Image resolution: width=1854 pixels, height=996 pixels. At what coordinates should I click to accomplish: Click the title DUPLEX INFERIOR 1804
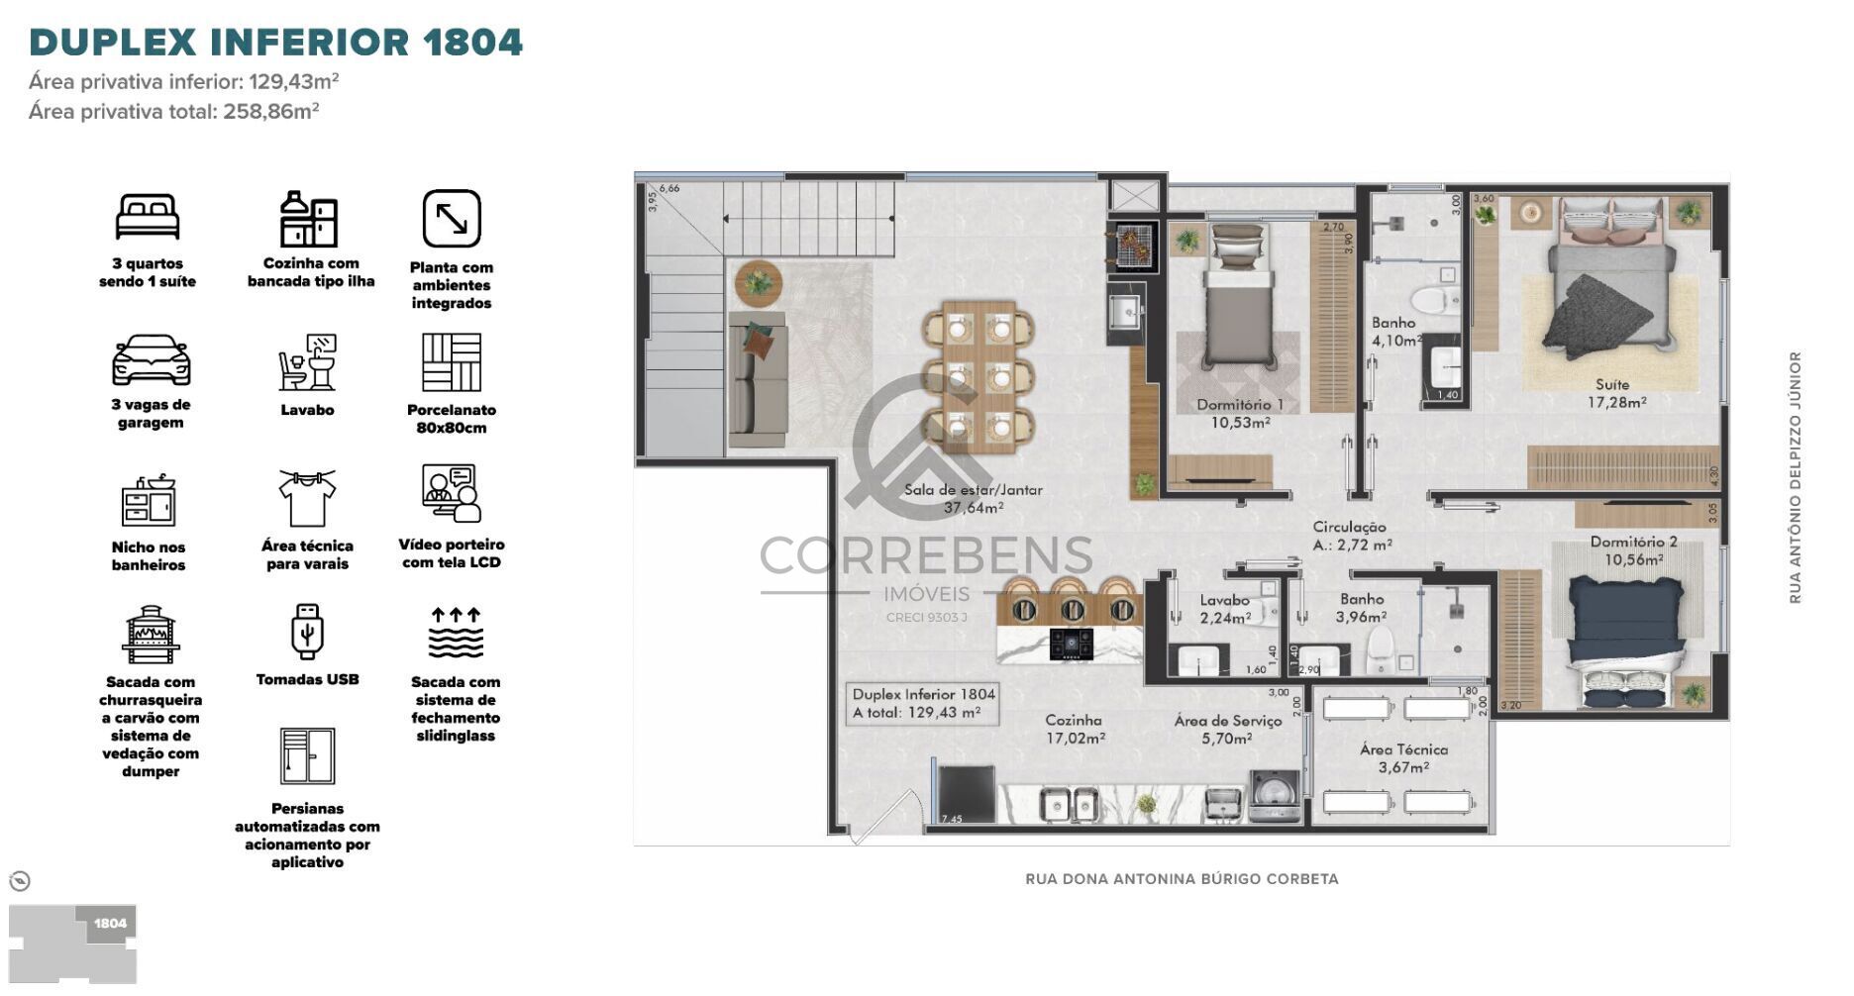[x=275, y=43]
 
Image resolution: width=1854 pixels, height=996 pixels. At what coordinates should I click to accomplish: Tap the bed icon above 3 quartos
[x=148, y=217]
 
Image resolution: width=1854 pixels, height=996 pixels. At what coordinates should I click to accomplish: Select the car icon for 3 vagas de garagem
[x=151, y=361]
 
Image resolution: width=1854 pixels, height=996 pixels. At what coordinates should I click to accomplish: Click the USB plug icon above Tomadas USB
[x=307, y=632]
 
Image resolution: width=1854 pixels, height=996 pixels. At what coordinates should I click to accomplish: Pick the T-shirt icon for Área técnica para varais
[x=307, y=498]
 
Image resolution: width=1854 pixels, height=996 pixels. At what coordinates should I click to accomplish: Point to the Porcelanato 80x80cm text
[x=452, y=419]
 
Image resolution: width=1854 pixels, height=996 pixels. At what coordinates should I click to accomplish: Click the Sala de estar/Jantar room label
[x=973, y=499]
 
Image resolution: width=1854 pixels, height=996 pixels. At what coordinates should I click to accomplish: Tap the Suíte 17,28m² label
[x=1616, y=393]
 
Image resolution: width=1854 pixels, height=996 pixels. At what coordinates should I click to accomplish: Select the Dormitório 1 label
[x=1240, y=413]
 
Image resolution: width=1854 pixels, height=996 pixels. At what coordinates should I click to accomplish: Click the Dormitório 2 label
[x=1633, y=550]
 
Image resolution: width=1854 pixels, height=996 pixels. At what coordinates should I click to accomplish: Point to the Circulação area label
[x=1351, y=536]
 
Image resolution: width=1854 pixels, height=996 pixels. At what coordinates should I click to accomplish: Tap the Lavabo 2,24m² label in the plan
[x=1225, y=609]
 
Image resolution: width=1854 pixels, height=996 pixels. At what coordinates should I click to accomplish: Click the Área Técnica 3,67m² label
[x=1403, y=758]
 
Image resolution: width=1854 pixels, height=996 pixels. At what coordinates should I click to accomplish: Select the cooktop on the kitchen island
[x=1072, y=644]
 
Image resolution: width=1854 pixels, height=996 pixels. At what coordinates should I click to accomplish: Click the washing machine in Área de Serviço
[x=1273, y=796]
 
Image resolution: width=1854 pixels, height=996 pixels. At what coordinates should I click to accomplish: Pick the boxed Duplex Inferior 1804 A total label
[x=922, y=703]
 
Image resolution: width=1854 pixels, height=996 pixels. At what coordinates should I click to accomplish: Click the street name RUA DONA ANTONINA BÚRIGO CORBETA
[x=1182, y=878]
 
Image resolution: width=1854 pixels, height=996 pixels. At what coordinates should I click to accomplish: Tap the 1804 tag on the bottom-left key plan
[x=110, y=924]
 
